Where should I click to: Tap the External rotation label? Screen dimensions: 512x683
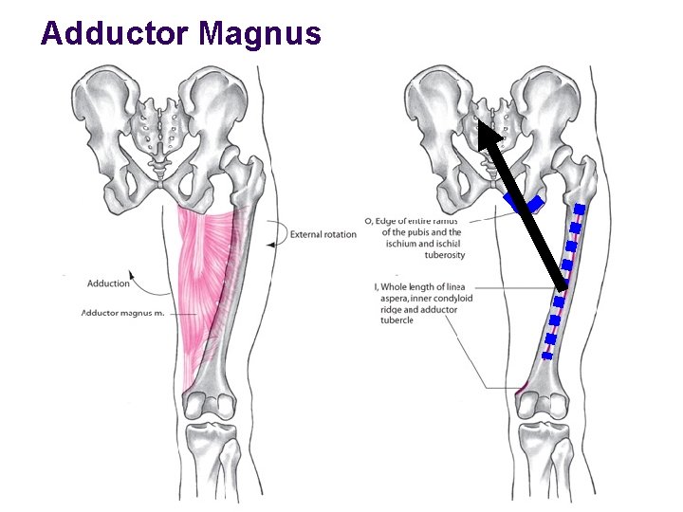(323, 234)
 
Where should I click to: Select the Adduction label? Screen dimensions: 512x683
(108, 283)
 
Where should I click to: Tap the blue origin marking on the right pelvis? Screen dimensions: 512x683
(524, 203)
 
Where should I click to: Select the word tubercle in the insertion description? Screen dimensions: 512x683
(395, 320)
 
